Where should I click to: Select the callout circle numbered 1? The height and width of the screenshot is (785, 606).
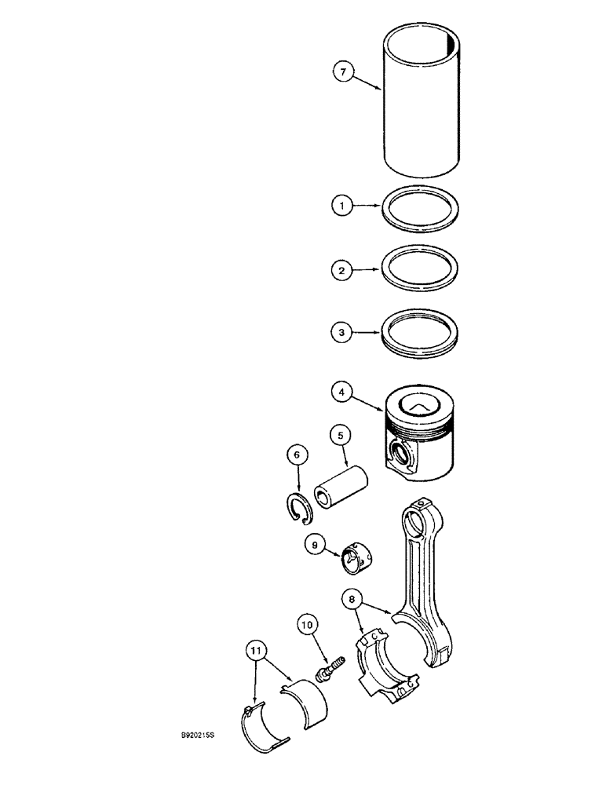pyautogui.click(x=341, y=207)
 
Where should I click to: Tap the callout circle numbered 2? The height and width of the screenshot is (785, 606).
pyautogui.click(x=341, y=270)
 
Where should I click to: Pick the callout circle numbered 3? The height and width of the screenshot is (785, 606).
pyautogui.click(x=341, y=333)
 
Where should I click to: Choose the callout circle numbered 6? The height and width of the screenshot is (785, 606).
pyautogui.click(x=296, y=455)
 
